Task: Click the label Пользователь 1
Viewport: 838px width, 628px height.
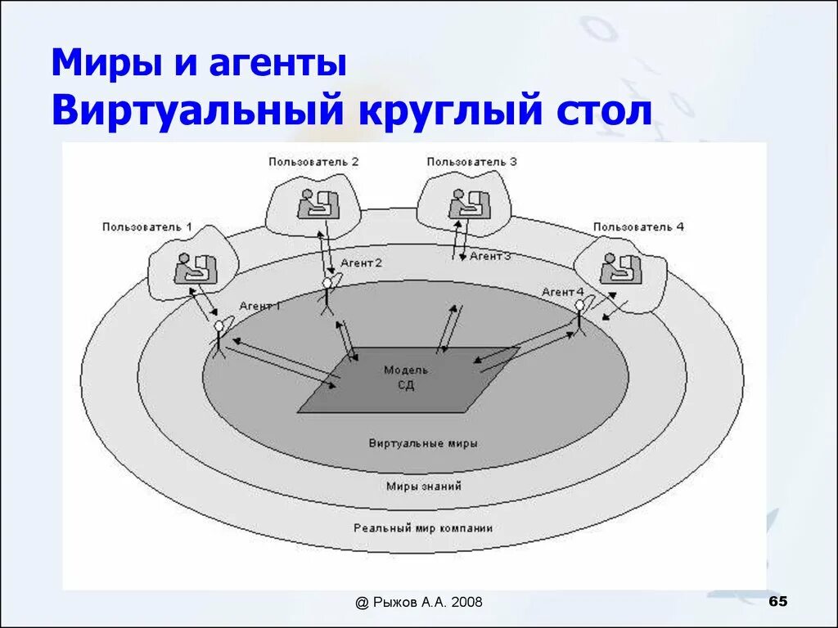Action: (147, 227)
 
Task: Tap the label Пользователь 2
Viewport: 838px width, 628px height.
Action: (313, 161)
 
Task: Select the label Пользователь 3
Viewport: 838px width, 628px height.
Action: (471, 161)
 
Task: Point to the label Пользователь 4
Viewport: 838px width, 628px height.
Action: (638, 227)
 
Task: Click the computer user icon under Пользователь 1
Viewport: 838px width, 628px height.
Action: (194, 268)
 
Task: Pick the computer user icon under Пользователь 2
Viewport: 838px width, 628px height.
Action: (317, 204)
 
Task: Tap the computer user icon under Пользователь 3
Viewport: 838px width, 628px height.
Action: (468, 204)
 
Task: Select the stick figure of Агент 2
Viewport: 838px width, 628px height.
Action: (327, 294)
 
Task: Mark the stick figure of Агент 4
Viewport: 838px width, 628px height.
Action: (579, 315)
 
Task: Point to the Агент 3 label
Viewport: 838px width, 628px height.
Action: (490, 256)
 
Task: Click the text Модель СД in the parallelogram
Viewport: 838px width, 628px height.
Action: (406, 378)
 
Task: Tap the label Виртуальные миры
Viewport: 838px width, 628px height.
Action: (423, 443)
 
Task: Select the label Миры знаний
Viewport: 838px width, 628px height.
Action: (423, 486)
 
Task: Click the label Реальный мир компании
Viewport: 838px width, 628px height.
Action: (423, 528)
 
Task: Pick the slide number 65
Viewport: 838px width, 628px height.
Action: (778, 602)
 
